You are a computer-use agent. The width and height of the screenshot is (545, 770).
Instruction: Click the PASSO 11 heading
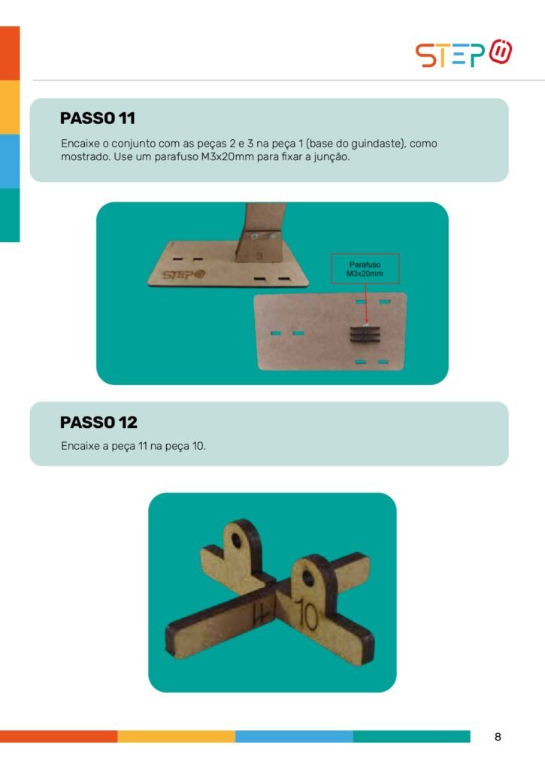tap(97, 118)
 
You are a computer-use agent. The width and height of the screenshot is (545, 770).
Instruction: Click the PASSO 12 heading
tap(98, 423)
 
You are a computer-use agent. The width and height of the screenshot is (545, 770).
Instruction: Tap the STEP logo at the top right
tap(464, 53)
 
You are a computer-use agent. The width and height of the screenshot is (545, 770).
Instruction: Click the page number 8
tap(498, 737)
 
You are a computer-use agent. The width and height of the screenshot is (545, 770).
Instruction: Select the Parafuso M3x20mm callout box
tap(365, 268)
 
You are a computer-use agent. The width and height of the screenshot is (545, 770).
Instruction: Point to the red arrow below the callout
tap(366, 303)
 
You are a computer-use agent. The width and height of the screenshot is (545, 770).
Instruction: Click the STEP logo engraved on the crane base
tap(183, 274)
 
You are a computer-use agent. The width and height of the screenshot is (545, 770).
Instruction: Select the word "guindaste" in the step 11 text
tap(376, 144)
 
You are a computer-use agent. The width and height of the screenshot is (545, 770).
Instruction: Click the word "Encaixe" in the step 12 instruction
tap(80, 446)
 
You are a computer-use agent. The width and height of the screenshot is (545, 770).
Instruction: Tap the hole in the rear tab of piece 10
tap(237, 541)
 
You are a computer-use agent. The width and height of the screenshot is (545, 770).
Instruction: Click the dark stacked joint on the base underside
tap(365, 335)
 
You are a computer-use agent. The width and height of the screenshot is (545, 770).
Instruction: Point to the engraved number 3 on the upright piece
tap(260, 256)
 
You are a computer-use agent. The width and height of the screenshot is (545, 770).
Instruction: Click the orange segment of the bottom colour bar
tap(59, 736)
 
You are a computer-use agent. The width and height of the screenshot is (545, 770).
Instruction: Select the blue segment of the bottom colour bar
tap(294, 736)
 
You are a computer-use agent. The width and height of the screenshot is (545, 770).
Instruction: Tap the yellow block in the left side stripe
tap(10, 107)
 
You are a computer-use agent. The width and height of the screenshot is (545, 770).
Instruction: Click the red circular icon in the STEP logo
tap(501, 51)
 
